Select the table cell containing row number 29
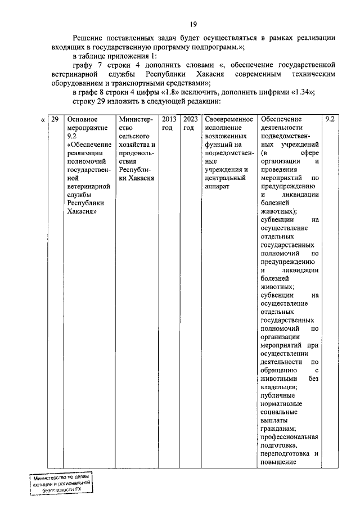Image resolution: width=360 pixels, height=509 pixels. pyautogui.click(x=55, y=120)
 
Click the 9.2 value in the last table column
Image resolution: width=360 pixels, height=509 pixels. pyautogui.click(x=330, y=120)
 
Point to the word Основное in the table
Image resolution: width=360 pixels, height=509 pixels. pyautogui.click(x=83, y=120)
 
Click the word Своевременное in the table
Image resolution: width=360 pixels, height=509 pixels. pyautogui.click(x=229, y=120)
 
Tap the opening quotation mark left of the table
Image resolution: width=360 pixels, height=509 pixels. pyautogui.click(x=43, y=120)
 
